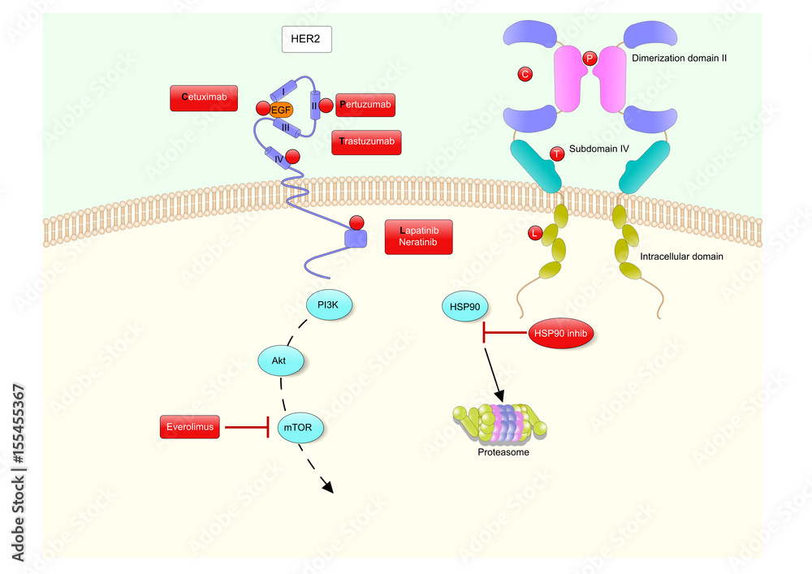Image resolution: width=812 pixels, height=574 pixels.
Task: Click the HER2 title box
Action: (x=306, y=39)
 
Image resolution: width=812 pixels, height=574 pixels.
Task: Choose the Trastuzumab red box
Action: (x=367, y=142)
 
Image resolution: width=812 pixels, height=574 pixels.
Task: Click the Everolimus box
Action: (x=190, y=426)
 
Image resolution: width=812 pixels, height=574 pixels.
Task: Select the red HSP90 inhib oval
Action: (x=560, y=332)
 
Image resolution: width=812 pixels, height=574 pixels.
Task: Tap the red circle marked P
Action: (x=590, y=58)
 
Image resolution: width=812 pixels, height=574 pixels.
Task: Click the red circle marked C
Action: (x=525, y=75)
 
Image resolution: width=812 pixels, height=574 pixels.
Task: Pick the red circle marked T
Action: (x=556, y=153)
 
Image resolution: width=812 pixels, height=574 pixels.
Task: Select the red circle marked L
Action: (x=534, y=234)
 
